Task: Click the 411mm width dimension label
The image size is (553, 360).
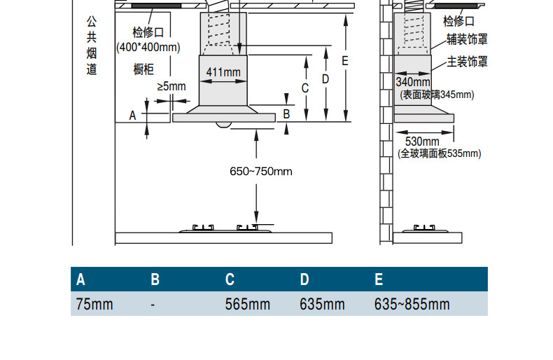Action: [223, 72]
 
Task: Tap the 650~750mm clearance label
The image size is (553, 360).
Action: [261, 172]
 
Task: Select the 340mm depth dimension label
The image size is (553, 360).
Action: [413, 82]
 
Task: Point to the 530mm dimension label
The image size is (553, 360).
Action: [422, 141]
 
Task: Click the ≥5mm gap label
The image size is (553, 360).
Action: [171, 86]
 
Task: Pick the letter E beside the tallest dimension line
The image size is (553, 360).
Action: [345, 61]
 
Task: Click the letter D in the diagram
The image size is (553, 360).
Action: [325, 79]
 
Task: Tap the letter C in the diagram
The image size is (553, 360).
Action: [305, 88]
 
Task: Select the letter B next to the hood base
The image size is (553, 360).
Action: [286, 114]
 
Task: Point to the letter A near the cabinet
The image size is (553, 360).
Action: [132, 116]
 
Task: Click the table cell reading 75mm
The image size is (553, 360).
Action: [94, 304]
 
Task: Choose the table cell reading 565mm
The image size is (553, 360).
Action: [248, 304]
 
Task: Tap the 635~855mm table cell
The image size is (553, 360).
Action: [412, 304]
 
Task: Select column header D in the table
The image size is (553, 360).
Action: [304, 279]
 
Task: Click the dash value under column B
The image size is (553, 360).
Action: [153, 305]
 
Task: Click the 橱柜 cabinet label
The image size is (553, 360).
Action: [143, 69]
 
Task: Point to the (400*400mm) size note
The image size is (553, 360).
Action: [148, 47]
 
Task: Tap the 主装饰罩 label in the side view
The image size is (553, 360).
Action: [468, 62]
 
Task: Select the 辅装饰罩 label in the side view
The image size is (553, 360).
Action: [468, 39]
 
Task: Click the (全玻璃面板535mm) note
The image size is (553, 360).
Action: [440, 153]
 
